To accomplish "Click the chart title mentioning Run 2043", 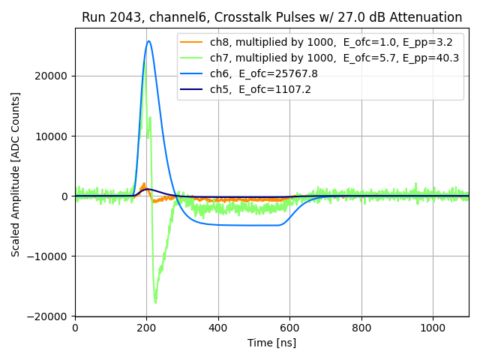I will [271, 17].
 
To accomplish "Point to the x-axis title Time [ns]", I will [271, 343].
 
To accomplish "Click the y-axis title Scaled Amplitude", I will [16, 174].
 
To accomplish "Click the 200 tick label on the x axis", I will [146, 328].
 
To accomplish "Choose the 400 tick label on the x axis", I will [218, 328].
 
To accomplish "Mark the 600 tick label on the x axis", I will [289, 328].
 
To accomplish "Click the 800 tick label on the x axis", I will [361, 328].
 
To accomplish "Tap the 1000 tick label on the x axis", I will [433, 328].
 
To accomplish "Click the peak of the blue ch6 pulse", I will [149, 41].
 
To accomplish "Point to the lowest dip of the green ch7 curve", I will [156, 302].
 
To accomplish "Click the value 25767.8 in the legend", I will [291, 73].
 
